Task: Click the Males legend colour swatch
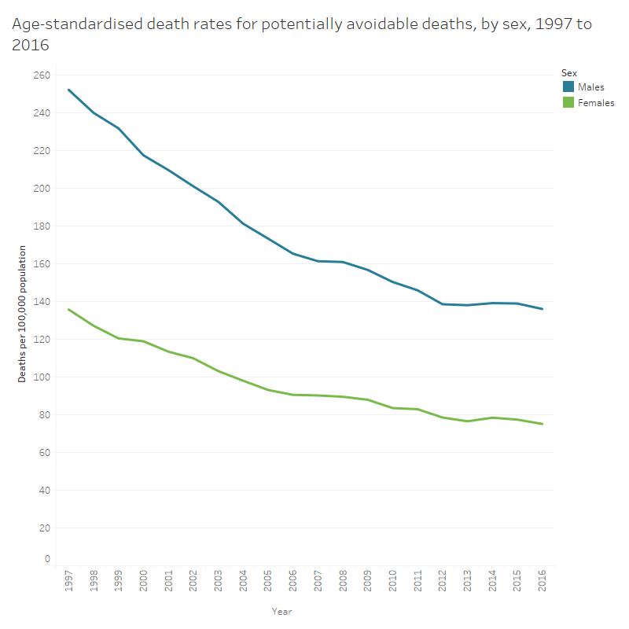(568, 86)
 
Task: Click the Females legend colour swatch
(568, 102)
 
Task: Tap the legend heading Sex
(569, 72)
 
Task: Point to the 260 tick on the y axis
(42, 75)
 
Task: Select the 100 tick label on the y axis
(42, 377)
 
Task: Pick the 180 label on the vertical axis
(42, 226)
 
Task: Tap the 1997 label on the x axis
(69, 583)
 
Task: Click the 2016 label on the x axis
(542, 583)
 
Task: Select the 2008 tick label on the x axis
(343, 583)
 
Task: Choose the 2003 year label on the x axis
(219, 583)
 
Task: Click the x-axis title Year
(282, 611)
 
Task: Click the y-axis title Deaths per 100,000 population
(22, 314)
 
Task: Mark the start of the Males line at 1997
(69, 90)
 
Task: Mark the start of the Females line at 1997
(69, 309)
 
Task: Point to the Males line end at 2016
(542, 309)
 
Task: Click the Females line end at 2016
(542, 424)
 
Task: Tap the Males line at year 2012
(442, 304)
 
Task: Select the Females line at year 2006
(293, 395)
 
